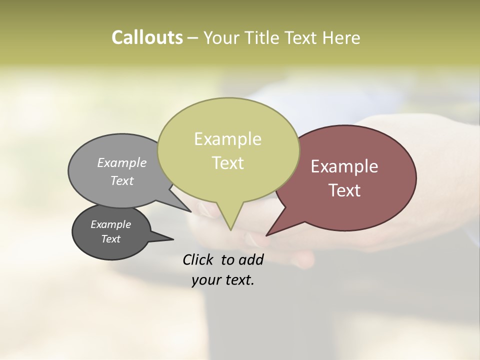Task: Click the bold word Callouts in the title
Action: (147, 37)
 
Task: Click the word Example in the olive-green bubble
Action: (227, 139)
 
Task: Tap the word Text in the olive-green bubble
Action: (227, 163)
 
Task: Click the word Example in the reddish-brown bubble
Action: (344, 166)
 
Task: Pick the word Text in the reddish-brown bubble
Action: (344, 190)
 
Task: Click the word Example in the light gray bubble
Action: (122, 162)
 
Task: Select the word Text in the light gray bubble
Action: (122, 180)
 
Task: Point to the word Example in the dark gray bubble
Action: (110, 224)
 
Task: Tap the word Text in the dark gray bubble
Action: (110, 239)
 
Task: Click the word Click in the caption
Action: (199, 259)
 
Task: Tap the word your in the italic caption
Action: (205, 280)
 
